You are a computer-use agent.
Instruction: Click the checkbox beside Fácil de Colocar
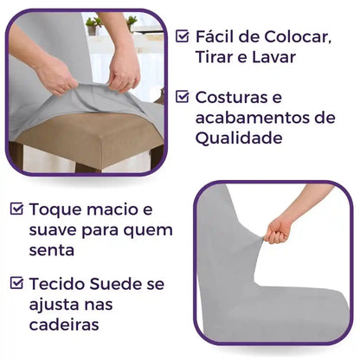coord(182,36)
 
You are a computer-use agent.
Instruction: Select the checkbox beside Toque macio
coord(17,209)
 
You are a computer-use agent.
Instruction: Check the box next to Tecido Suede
coord(17,282)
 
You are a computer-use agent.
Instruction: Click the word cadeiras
coord(61,325)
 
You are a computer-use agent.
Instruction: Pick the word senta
coord(50,251)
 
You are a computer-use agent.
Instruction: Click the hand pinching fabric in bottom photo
coord(278,228)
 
